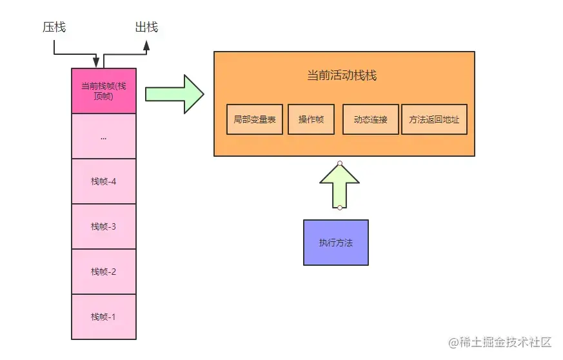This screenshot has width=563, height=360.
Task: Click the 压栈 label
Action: (x=54, y=27)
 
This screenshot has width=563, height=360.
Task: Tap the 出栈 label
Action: (x=146, y=27)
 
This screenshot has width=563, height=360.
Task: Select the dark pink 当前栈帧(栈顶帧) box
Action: (x=104, y=91)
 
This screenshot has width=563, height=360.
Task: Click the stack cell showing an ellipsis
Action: (x=104, y=136)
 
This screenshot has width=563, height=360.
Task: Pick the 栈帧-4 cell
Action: (x=104, y=181)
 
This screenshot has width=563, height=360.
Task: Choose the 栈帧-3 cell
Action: (x=104, y=226)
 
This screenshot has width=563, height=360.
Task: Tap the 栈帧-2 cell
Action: (x=104, y=272)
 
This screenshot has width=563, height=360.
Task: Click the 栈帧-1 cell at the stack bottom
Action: (x=104, y=317)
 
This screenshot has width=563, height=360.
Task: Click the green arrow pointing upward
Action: (x=339, y=185)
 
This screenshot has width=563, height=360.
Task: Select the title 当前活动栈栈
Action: (x=342, y=75)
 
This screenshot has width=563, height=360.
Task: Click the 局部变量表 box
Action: (x=255, y=119)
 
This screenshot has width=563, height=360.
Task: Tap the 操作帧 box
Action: (x=311, y=119)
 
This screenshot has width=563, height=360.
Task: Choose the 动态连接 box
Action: (x=371, y=119)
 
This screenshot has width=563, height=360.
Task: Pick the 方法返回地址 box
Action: (x=434, y=119)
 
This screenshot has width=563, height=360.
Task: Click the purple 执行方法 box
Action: (x=336, y=243)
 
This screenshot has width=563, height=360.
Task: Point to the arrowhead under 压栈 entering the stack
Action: (x=96, y=63)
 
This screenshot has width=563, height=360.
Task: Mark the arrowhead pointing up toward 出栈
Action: (x=146, y=46)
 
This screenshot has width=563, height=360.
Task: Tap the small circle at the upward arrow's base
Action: (x=339, y=207)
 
